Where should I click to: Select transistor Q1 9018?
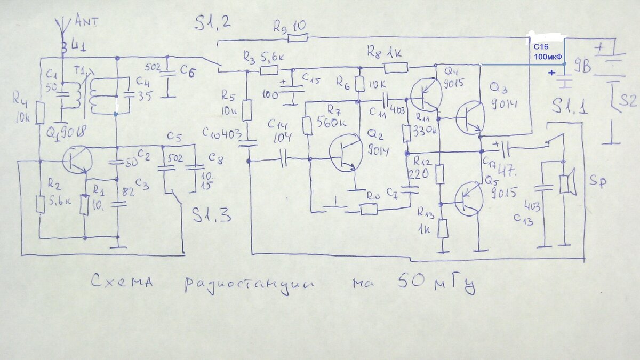pos(77,159)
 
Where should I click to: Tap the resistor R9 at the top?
pos(297,38)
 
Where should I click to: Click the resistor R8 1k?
pos(396,67)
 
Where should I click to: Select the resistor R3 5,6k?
pos(269,70)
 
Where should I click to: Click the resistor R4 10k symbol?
pos(41,114)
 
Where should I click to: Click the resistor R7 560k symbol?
pos(307,126)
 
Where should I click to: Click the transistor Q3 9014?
pos(470,118)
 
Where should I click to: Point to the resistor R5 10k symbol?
pos(247,111)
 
